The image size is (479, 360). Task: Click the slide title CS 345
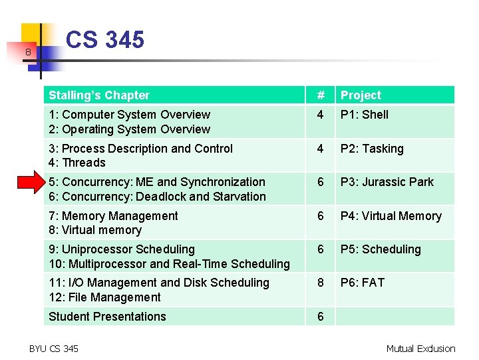(x=105, y=40)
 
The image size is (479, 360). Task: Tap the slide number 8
(x=28, y=52)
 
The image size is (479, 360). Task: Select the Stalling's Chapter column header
(x=99, y=95)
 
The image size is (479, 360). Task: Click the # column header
(x=321, y=95)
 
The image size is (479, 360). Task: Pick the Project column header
(x=361, y=95)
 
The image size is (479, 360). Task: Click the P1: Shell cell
(x=365, y=115)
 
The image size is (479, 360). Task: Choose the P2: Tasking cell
(x=372, y=149)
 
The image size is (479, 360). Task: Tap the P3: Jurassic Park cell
(x=387, y=182)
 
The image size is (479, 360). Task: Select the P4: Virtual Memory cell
(x=391, y=216)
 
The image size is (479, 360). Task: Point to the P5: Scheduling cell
(x=381, y=249)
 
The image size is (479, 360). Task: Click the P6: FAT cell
(x=363, y=283)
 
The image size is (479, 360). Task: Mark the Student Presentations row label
(x=107, y=317)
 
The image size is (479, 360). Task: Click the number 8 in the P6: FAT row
(x=321, y=283)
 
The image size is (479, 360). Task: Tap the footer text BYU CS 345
(x=54, y=348)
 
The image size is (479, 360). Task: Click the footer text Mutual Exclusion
(x=420, y=348)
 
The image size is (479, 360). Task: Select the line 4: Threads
(x=77, y=163)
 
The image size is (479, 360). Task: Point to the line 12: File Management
(x=104, y=297)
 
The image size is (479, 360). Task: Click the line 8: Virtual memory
(x=95, y=230)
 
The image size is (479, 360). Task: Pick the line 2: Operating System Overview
(x=129, y=129)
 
